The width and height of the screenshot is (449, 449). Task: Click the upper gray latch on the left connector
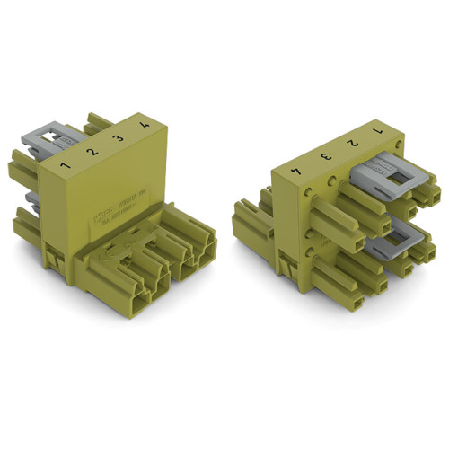(x=42, y=141)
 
